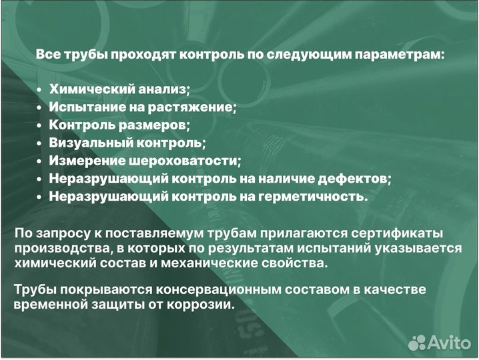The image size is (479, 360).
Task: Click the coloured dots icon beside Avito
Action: [x=417, y=342]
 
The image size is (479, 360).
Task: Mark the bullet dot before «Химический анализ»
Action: [x=40, y=89]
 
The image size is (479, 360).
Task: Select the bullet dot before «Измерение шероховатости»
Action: [x=40, y=161]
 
